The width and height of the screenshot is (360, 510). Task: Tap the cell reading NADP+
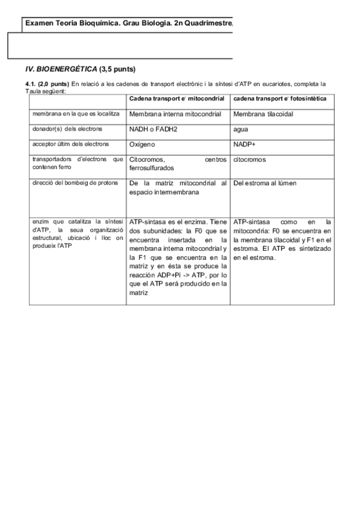(245, 144)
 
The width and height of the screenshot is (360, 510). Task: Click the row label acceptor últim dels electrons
(71, 144)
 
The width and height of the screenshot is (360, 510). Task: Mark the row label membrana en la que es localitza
(76, 113)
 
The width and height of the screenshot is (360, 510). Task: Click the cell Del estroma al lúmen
(264, 183)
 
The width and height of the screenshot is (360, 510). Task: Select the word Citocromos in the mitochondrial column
(147, 160)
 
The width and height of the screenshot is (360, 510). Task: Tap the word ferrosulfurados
(151, 168)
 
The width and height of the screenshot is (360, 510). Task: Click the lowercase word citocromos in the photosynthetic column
(249, 160)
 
